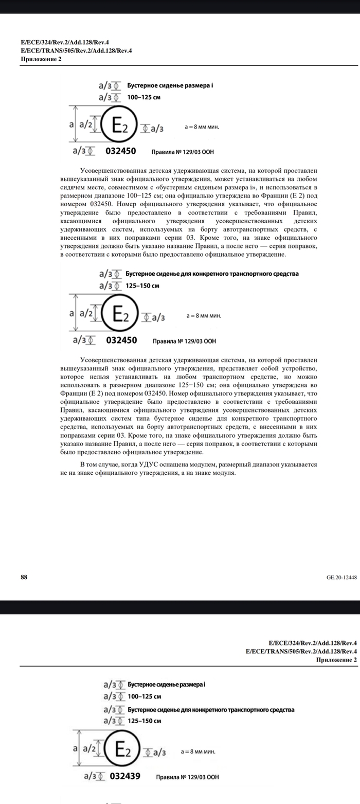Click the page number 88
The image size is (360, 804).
click(x=24, y=577)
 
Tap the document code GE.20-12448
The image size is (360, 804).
click(x=341, y=577)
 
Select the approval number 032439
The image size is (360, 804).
click(x=125, y=776)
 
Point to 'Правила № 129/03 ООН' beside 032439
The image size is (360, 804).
click(x=187, y=777)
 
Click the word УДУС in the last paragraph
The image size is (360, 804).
click(x=149, y=464)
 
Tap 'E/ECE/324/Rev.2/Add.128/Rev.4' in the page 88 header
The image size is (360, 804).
click(x=65, y=43)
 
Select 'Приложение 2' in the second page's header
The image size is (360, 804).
click(x=336, y=659)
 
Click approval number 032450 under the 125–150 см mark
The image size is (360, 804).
click(x=122, y=340)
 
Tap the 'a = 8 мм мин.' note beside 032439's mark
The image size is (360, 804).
click(x=198, y=752)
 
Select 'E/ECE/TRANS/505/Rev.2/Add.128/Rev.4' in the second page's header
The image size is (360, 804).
click(x=301, y=651)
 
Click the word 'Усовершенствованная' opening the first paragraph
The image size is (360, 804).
click(x=111, y=170)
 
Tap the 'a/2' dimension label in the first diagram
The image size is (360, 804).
click(x=85, y=124)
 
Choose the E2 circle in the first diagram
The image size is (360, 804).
click(x=118, y=125)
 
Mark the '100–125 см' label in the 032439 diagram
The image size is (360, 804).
click(x=145, y=696)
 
